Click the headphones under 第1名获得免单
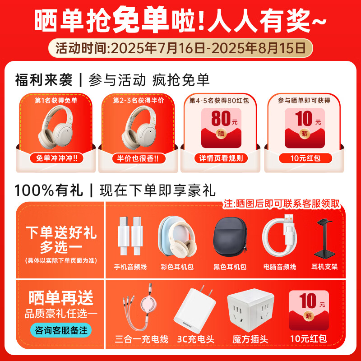[x=56, y=127]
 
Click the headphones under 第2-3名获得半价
[x=138, y=127]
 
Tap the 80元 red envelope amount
[x=221, y=119]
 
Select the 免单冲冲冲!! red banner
[x=56, y=158]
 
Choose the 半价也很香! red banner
[x=138, y=158]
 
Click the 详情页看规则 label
[x=221, y=158]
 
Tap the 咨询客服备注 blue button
[x=60, y=330]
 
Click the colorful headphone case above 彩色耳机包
[x=176, y=237]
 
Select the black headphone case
[x=230, y=236]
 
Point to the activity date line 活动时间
[x=180, y=46]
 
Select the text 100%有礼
[x=49, y=190]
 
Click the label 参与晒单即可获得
[x=303, y=101]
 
